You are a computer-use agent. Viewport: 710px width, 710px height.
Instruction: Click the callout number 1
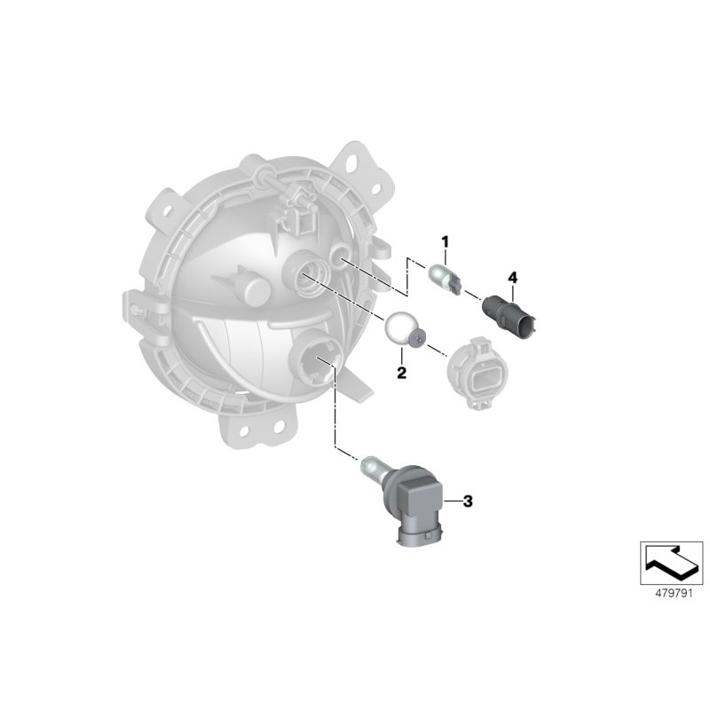coord(446,241)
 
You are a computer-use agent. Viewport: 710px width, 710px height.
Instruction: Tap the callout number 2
coord(401,374)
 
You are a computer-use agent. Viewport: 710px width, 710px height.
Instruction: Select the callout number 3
coord(468,501)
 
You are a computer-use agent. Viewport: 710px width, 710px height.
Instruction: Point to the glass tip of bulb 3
coord(369,461)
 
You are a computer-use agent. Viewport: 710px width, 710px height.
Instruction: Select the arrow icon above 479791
coord(671,561)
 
